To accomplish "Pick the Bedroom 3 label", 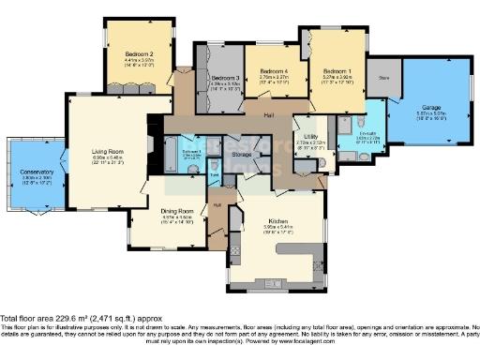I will pyautogui.click(x=225, y=77).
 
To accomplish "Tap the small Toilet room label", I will pyautogui.click(x=215, y=175).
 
